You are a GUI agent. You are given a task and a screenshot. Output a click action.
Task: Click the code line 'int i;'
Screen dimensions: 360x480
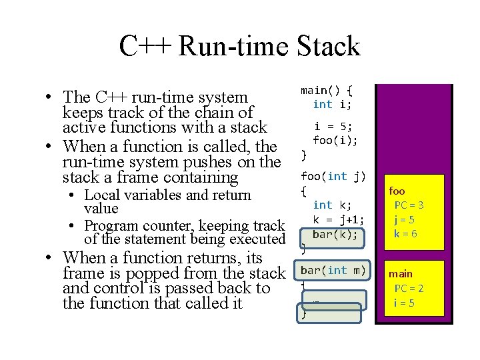point(333,104)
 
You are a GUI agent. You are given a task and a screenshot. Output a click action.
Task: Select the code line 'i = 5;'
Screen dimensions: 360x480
point(333,126)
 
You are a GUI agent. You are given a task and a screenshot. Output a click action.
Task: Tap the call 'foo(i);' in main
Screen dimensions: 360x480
point(335,140)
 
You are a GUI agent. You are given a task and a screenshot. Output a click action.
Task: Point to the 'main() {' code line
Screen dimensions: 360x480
point(327,90)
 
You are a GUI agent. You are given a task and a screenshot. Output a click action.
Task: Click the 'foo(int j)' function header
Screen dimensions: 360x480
point(333,176)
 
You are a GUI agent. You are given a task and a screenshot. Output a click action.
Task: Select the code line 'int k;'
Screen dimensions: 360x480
point(332,205)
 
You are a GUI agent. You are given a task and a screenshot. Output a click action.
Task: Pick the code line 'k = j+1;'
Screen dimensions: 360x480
point(339,219)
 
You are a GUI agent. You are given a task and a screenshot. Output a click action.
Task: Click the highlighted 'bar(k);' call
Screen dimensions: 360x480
point(335,234)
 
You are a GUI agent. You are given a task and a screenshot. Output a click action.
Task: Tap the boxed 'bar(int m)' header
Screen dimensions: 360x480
point(333,269)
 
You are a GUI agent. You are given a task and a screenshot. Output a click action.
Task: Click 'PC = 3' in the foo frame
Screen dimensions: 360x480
point(409,205)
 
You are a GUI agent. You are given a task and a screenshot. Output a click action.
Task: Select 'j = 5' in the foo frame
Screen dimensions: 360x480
point(405,219)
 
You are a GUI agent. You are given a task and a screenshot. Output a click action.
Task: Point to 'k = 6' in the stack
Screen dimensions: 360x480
point(405,233)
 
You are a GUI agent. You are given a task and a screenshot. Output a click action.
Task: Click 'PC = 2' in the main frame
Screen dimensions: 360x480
point(409,288)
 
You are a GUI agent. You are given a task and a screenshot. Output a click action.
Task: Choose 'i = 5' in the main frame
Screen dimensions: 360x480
point(404,303)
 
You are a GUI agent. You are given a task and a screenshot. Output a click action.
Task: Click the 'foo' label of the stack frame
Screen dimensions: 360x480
point(397,191)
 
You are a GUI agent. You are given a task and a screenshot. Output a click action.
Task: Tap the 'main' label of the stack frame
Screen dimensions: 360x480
point(401,273)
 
